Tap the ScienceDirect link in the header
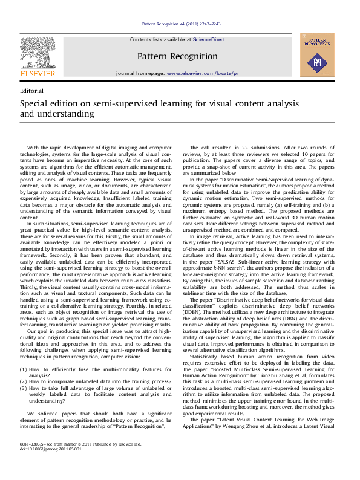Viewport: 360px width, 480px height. tap(209, 39)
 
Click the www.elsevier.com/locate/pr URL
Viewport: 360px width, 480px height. tap(203, 73)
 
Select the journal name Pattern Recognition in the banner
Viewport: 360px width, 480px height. tap(177, 56)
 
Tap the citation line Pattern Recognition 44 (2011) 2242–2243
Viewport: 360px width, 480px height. tap(181, 24)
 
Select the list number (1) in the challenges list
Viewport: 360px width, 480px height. tap(24, 369)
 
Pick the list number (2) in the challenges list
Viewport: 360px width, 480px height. tap(24, 381)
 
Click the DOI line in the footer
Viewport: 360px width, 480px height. tap(50, 466)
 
